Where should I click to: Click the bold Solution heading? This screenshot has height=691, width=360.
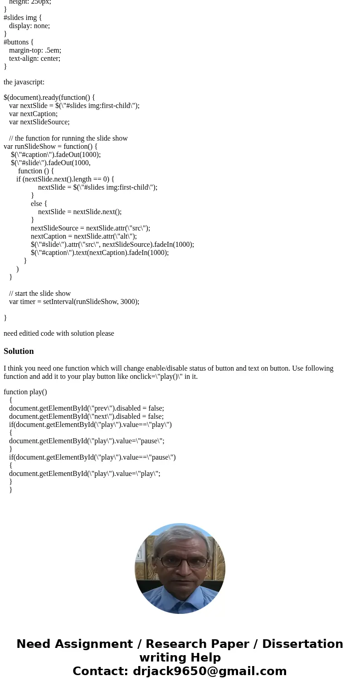[19, 351]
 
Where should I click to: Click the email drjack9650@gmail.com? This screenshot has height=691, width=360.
[209, 671]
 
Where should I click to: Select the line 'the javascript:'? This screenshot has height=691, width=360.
[24, 82]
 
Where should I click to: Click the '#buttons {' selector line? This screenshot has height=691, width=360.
[19, 42]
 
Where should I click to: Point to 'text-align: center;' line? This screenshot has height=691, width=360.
[34, 59]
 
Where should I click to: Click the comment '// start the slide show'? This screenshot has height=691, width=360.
[40, 294]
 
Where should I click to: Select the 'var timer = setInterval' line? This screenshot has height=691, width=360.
[74, 302]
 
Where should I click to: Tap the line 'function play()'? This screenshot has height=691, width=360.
[25, 392]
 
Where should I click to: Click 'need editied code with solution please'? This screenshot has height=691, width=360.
[59, 333]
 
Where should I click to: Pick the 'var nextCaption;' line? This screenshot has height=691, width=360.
[33, 114]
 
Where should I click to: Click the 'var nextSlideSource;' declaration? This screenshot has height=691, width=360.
[39, 122]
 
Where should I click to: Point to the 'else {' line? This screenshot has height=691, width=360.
[39, 204]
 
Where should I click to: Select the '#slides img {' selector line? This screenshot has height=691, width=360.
[23, 18]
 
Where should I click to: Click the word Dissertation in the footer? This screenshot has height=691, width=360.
[302, 644]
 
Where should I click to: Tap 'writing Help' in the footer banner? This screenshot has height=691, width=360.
[180, 657]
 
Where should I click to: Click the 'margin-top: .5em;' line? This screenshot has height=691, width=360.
[35, 50]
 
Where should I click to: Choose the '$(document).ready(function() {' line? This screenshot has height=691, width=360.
[49, 98]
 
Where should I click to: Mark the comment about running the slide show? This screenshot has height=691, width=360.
[68, 138]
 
